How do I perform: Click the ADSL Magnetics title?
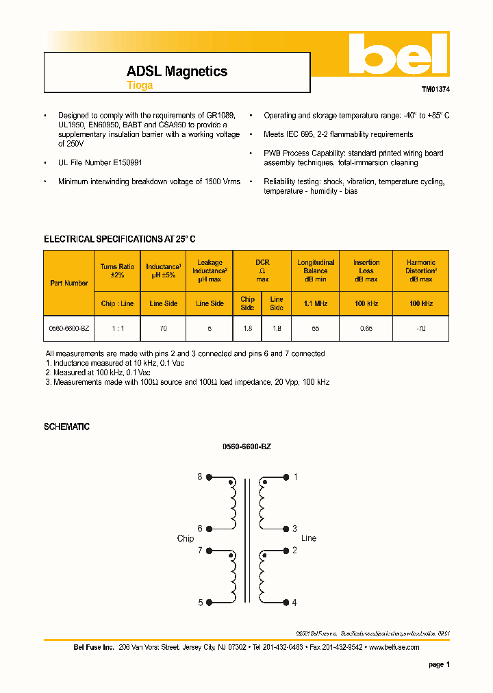click(x=177, y=71)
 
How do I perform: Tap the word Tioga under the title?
click(x=140, y=86)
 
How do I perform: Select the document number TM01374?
click(x=435, y=90)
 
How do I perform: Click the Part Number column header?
click(x=69, y=283)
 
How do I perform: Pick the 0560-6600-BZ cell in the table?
click(x=69, y=329)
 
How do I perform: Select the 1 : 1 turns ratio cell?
click(x=117, y=329)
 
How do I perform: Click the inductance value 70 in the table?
click(x=163, y=329)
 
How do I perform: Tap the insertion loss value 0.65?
click(x=366, y=329)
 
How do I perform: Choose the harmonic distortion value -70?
click(x=420, y=329)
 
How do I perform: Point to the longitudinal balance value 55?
click(x=316, y=329)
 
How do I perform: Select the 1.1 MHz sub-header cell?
click(x=316, y=303)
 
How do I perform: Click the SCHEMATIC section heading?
click(x=66, y=427)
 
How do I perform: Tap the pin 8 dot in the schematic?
click(x=209, y=477)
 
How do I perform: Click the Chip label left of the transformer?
click(x=186, y=539)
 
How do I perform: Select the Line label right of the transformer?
click(x=309, y=538)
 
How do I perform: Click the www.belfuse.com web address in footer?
click(x=394, y=647)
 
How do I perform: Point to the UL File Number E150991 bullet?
click(x=100, y=162)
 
